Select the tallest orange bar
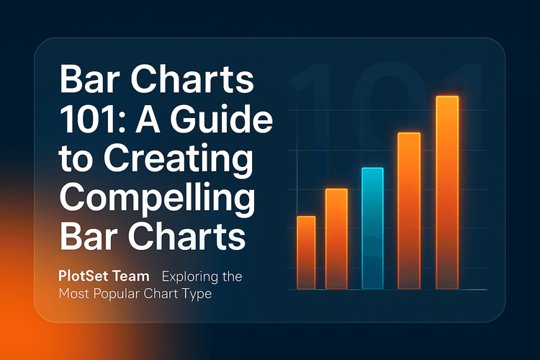[447, 193]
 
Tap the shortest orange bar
[306, 253]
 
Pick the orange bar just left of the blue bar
[336, 239]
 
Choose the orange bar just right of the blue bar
[409, 211]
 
